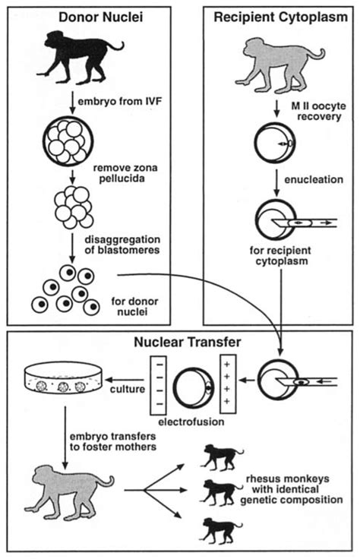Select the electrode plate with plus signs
[x=228, y=379]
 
